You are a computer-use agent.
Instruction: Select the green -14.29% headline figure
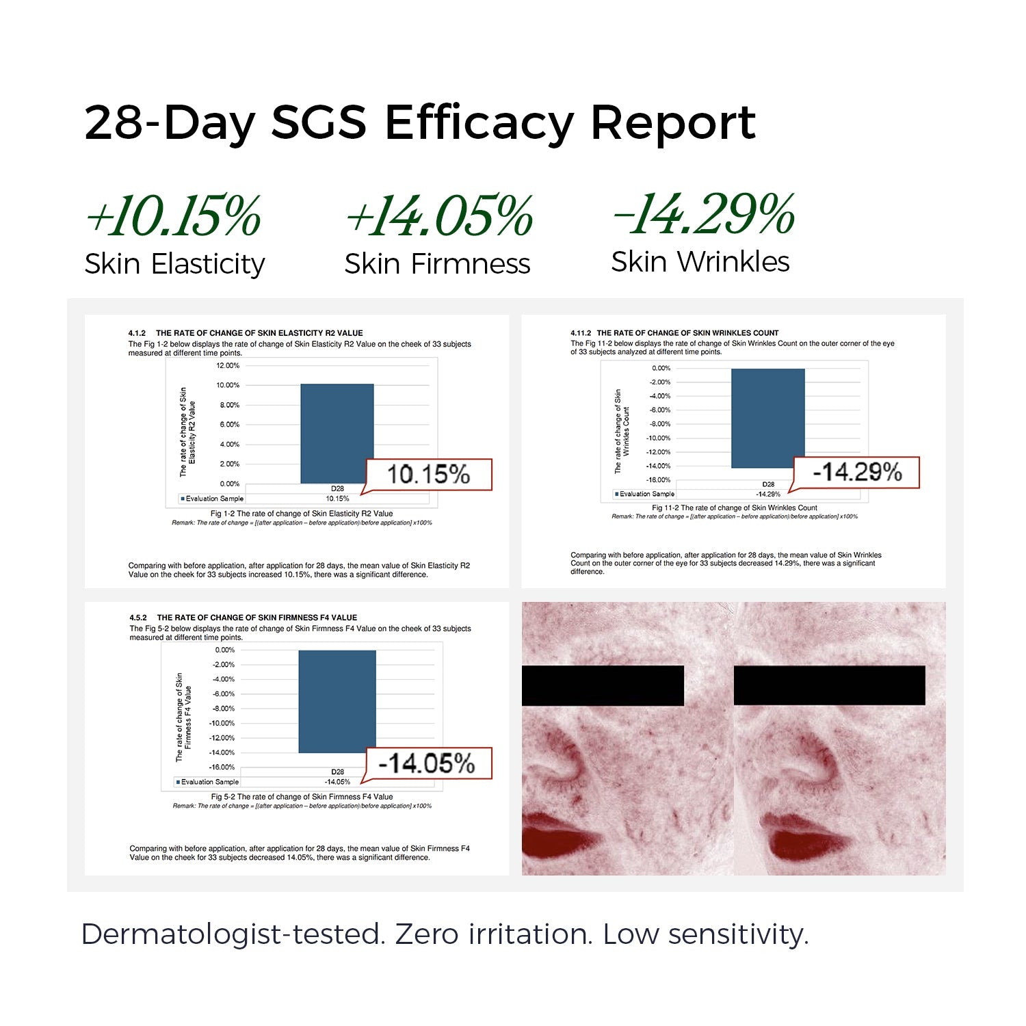[x=703, y=215]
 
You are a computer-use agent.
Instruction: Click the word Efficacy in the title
[x=478, y=124]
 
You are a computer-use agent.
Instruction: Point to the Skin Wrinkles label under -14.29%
[x=700, y=262]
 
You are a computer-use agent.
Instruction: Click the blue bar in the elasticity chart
[x=337, y=434]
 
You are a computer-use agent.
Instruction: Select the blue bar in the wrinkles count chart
[x=767, y=418]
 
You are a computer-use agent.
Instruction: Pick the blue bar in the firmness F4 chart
[x=337, y=701]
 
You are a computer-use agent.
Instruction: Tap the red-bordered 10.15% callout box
[x=429, y=475]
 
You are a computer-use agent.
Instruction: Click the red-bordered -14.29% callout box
[x=856, y=473]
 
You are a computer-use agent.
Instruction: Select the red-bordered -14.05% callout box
[x=427, y=763]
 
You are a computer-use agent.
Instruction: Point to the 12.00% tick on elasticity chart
[x=228, y=365]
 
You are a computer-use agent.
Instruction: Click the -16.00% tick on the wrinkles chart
[x=659, y=479]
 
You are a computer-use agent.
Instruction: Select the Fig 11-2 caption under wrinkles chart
[x=734, y=508]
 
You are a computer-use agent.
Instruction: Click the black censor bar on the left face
[x=603, y=685]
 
